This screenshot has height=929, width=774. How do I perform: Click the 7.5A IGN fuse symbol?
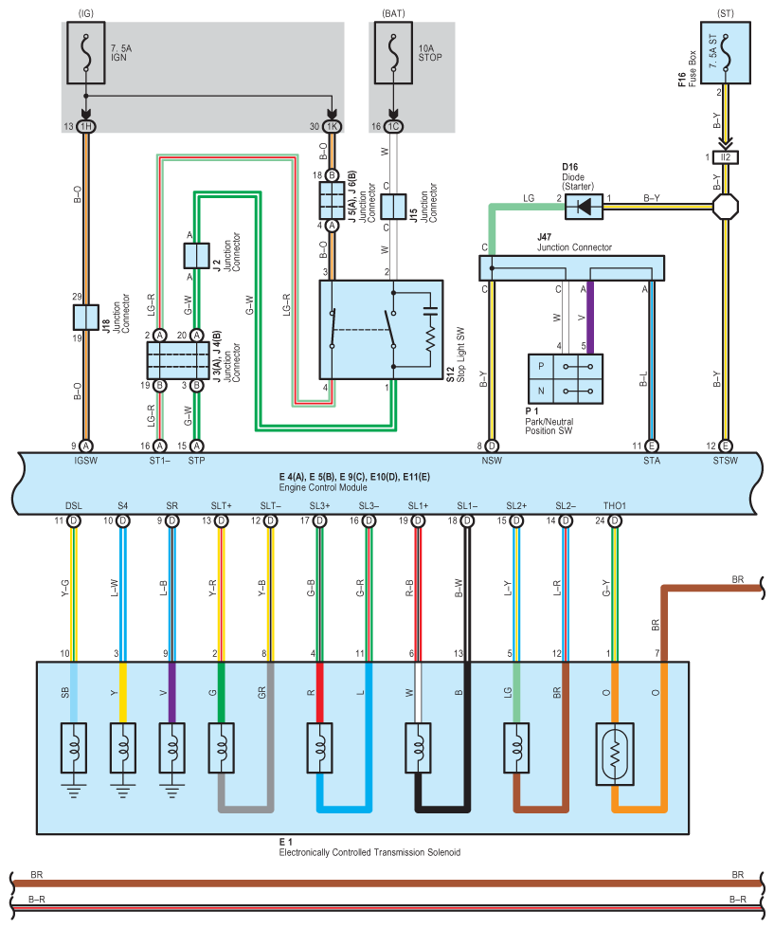coord(86,53)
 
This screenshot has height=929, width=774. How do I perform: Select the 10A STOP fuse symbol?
coord(393,53)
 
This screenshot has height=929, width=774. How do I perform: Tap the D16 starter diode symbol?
coord(584,207)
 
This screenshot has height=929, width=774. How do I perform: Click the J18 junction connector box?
coord(86,318)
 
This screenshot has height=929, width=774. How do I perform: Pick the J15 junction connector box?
coord(393,207)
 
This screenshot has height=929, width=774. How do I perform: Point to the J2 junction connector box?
coord(197,256)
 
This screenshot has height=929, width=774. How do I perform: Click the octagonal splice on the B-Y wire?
coord(726,207)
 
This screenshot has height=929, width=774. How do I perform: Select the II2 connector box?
coord(726,157)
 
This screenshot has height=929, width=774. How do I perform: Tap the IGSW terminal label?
coord(86,461)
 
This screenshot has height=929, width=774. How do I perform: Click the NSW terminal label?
coord(492,461)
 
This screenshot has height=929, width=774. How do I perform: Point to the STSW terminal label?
coord(726,461)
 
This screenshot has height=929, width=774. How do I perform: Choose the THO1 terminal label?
coord(615,505)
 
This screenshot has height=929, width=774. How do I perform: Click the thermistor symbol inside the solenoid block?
coord(615,754)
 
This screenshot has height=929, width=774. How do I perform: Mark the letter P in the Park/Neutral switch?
coord(541,367)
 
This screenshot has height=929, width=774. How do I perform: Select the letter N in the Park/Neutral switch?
coord(541,391)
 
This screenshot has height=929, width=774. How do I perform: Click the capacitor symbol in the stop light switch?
coord(430,310)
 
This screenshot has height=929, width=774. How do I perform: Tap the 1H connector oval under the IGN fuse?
coord(86,126)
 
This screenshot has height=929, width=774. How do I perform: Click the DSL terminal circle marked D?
coord(74,520)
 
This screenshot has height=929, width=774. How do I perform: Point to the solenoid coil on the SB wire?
coord(74,748)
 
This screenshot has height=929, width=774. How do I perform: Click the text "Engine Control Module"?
coord(323,487)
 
